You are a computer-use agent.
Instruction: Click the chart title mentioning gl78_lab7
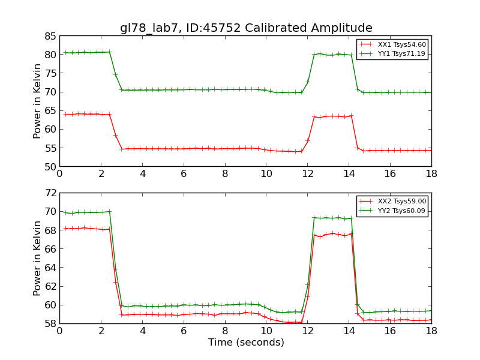246,28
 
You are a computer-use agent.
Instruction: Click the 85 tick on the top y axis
50,35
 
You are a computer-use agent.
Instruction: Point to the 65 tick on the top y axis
50,110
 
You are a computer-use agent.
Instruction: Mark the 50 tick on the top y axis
50,166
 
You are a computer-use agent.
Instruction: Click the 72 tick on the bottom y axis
50,193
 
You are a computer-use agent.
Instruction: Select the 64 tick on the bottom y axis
50,268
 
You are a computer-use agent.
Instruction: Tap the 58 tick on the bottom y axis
50,323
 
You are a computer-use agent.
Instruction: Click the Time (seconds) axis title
246,343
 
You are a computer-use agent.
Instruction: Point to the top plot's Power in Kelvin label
37,101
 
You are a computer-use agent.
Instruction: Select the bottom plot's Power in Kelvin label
37,258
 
